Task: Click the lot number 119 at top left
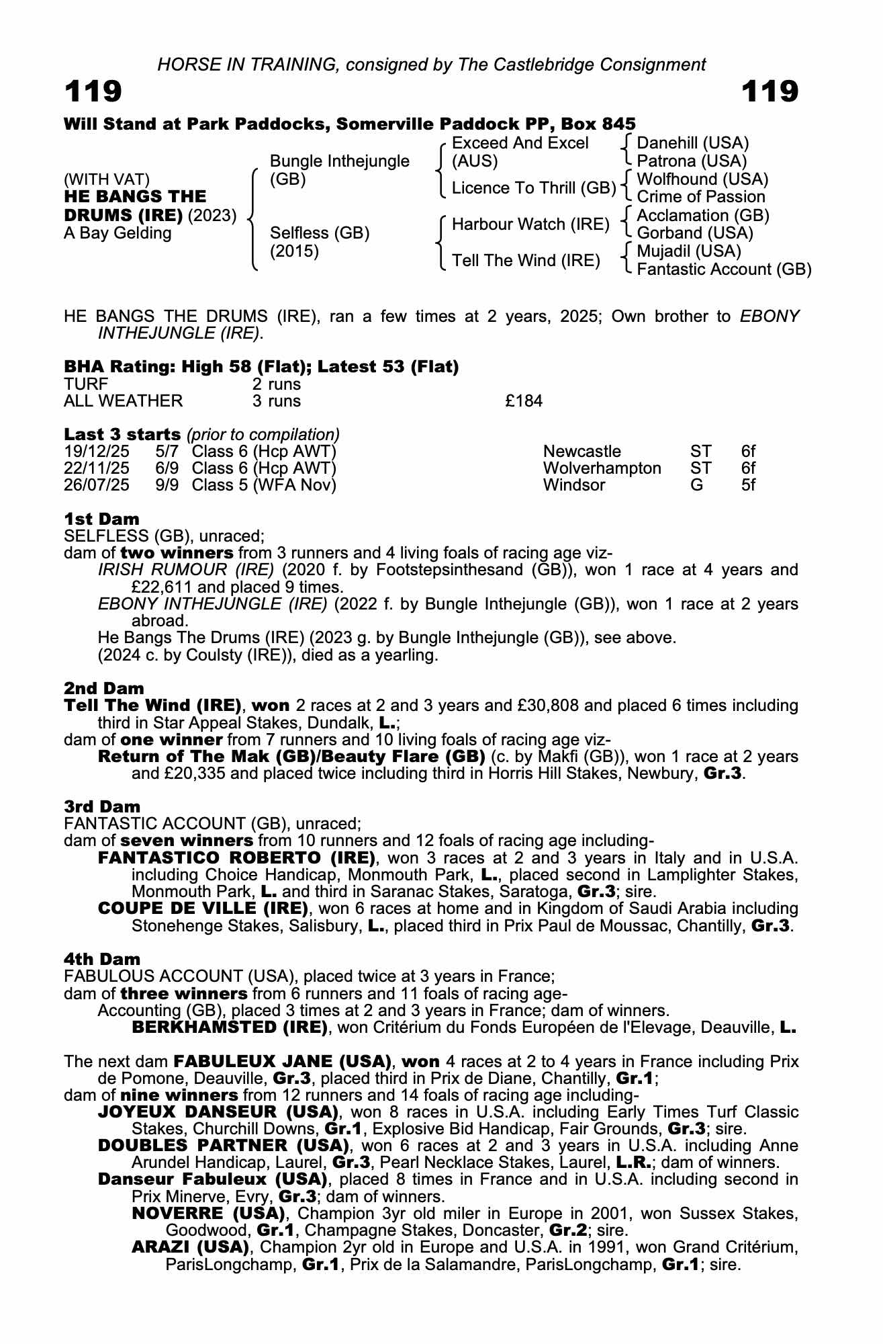[x=93, y=91]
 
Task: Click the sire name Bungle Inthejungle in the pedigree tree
[x=339, y=161]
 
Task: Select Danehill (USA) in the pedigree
[x=692, y=143]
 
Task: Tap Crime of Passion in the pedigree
[x=700, y=197]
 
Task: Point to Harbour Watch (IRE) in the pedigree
[x=530, y=224]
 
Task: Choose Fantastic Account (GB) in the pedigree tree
[x=723, y=269]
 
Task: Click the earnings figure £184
[x=524, y=402]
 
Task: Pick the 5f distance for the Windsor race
[x=748, y=485]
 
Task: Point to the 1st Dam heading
[x=101, y=519]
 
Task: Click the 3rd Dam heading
[x=102, y=806]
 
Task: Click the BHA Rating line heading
[x=261, y=367]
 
